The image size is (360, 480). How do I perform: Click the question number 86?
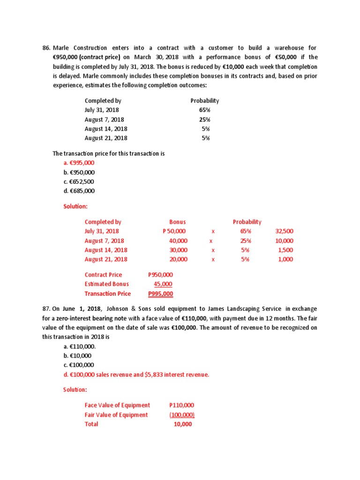[46, 48]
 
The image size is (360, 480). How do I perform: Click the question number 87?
[46, 308]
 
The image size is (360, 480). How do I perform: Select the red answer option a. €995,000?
[79, 163]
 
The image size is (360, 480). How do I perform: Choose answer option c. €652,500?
[78, 181]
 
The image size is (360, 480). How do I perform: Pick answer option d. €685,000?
[79, 191]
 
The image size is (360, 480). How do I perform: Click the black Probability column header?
[204, 101]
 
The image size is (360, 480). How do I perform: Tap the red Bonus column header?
[177, 222]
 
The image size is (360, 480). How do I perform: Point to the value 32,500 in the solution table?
[285, 231]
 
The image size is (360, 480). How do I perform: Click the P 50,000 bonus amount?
[174, 231]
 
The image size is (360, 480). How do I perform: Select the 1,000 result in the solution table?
[286, 259]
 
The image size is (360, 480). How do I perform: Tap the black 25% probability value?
[205, 120]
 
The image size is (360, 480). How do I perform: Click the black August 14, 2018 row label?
[105, 129]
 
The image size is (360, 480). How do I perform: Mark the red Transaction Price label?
[108, 293]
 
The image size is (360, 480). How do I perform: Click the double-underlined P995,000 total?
[160, 294]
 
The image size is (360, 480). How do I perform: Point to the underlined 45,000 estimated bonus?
[163, 284]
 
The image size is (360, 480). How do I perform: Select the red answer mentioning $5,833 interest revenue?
[136, 375]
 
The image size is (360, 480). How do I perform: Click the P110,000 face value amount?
[182, 405]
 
